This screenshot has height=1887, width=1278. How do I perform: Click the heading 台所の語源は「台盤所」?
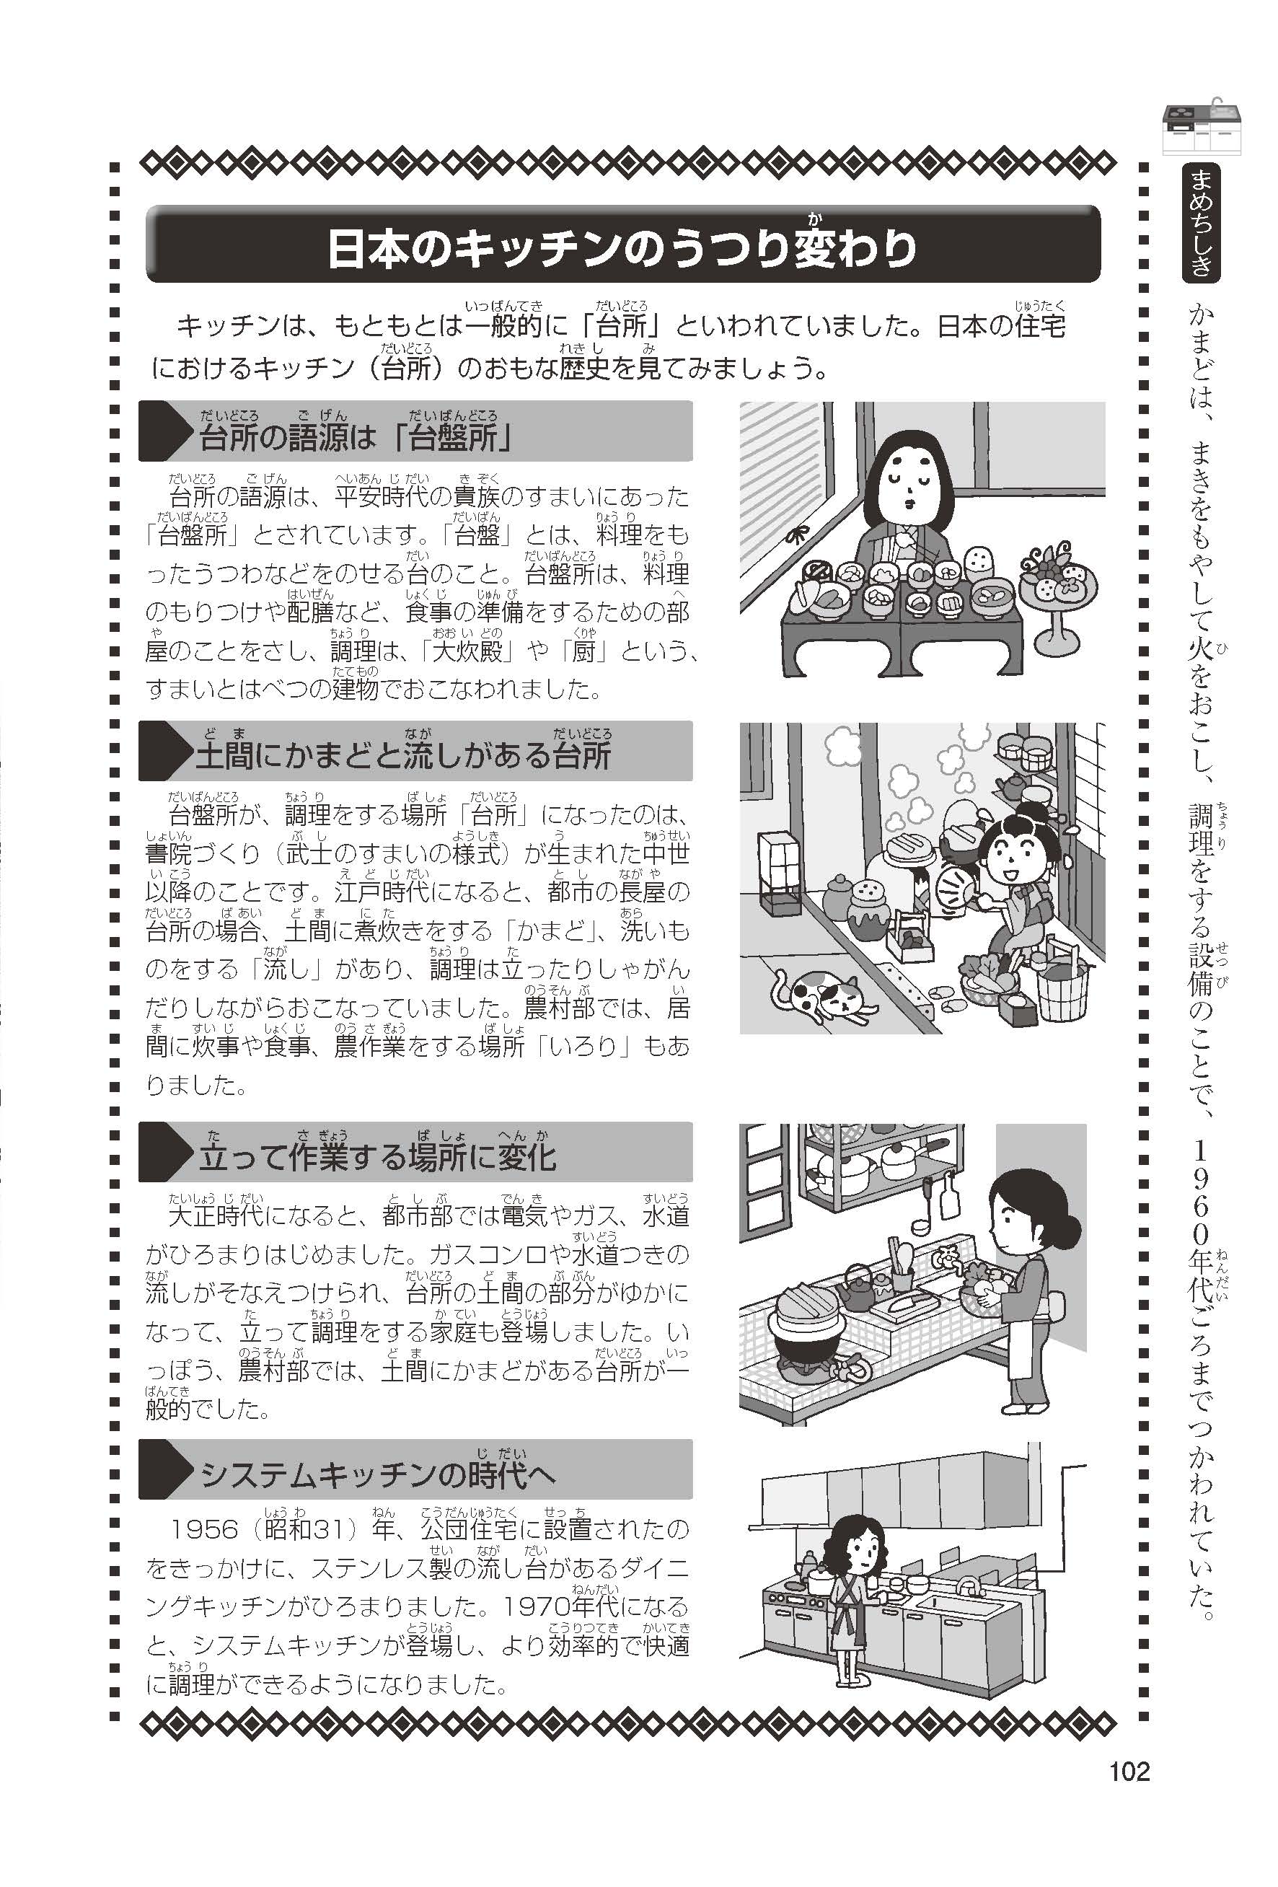click(356, 438)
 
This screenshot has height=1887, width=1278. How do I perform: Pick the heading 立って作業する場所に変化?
click(376, 1157)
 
